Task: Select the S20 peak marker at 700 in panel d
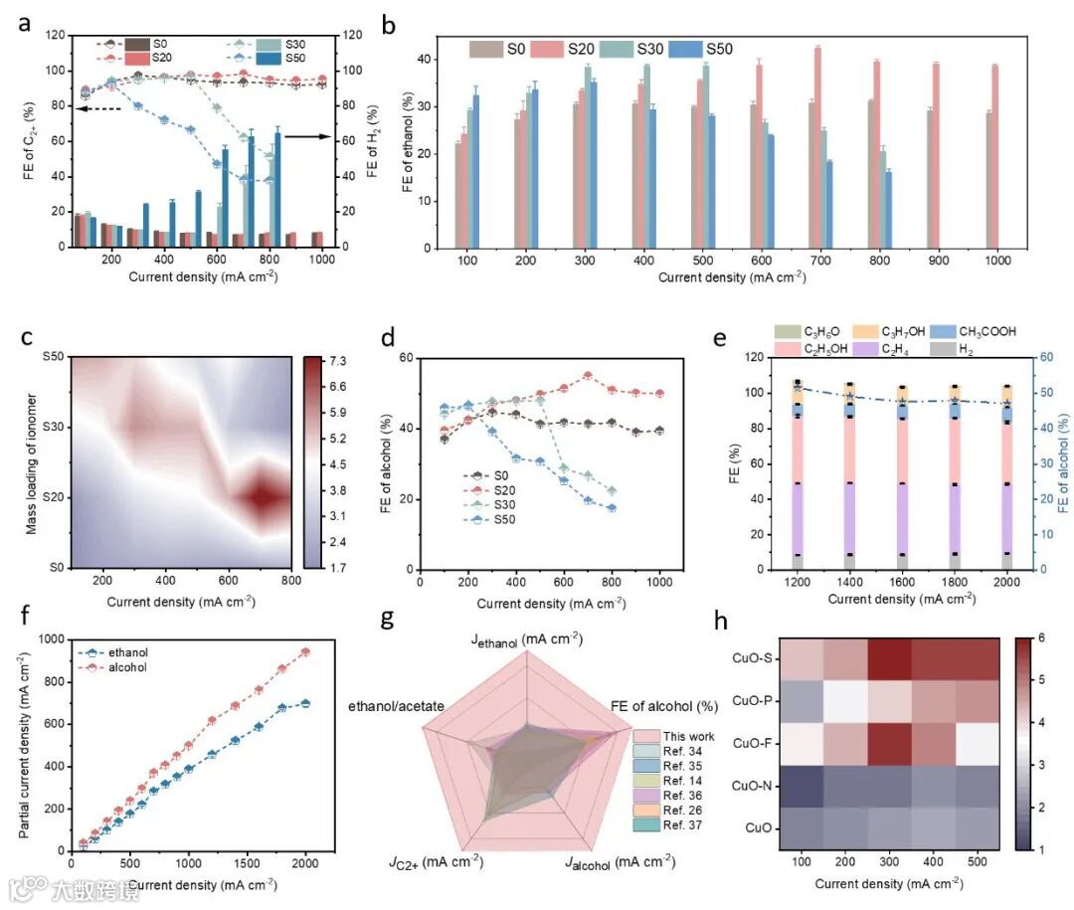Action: [x=588, y=376]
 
